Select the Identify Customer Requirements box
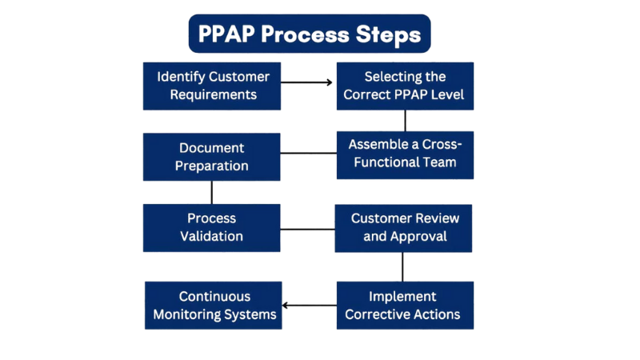click(x=212, y=86)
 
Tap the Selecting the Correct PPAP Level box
click(x=404, y=86)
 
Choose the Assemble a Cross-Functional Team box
click(x=405, y=154)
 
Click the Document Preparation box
click(x=212, y=157)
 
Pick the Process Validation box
click(x=212, y=227)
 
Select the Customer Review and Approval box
click(x=404, y=227)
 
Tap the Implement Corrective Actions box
click(x=404, y=305)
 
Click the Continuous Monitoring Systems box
click(x=214, y=305)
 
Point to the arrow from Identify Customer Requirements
click(x=308, y=82)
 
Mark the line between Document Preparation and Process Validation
click(x=212, y=192)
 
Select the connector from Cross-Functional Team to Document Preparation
click(x=308, y=153)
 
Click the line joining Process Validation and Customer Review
click(x=307, y=230)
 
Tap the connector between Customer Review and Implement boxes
click(x=402, y=266)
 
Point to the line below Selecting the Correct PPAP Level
click(x=405, y=121)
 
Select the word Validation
click(x=212, y=236)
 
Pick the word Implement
click(x=403, y=296)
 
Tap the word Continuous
click(x=214, y=296)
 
